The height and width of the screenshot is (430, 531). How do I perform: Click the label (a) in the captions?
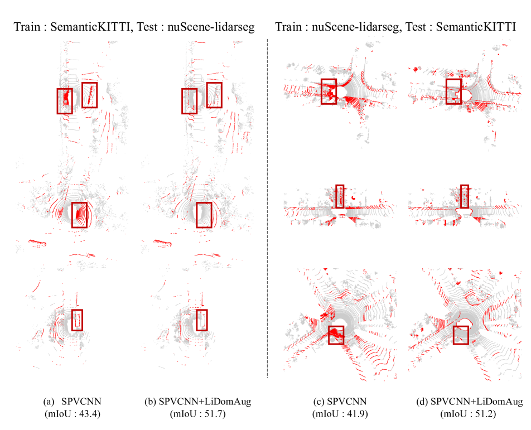coord(49,402)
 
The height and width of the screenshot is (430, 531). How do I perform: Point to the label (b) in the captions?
coord(150,402)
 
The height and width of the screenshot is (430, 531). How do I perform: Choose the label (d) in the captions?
coord(423,402)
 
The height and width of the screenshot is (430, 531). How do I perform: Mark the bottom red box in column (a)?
coord(77,320)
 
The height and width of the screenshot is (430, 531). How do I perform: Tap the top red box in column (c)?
coord(329,91)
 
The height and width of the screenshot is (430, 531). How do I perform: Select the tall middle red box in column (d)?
coord(465,196)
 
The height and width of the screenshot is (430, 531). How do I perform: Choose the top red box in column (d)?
coord(454,91)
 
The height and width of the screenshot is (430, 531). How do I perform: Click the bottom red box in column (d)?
coord(461,335)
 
